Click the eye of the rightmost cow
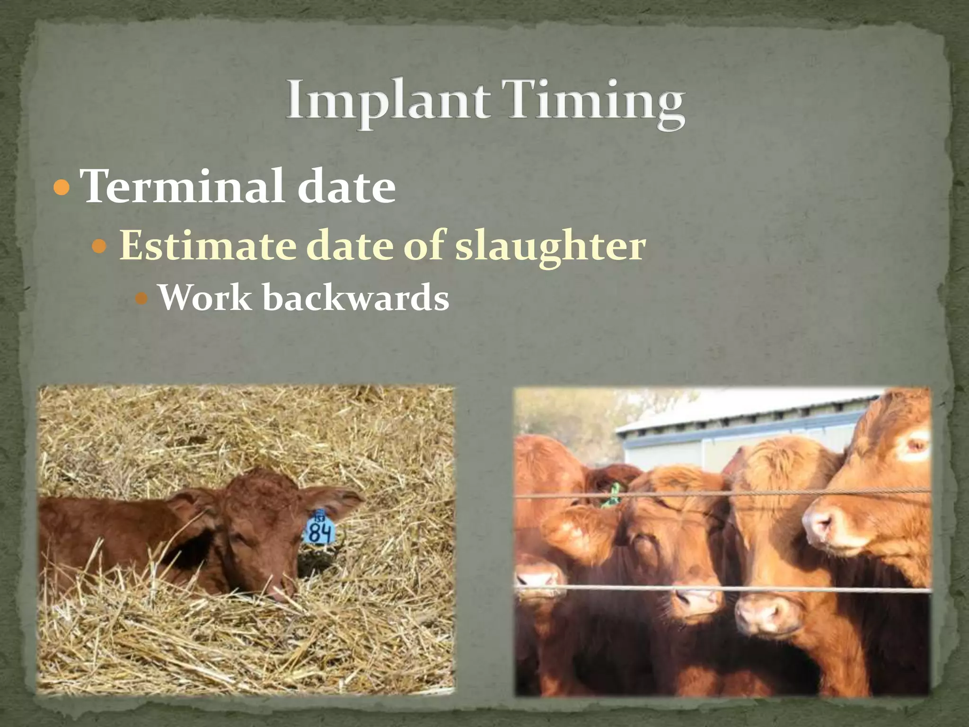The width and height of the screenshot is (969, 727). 916,445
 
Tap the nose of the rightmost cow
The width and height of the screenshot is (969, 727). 823,525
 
